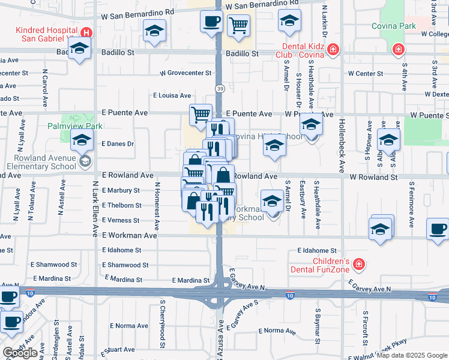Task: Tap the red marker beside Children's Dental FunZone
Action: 358,263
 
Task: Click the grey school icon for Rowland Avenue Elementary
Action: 85,160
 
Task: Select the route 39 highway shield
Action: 220,89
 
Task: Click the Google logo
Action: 20,352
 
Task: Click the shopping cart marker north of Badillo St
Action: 239,26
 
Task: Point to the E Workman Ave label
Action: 129,236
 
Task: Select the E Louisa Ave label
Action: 172,95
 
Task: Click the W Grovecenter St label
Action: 185,73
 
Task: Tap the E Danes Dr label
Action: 118,144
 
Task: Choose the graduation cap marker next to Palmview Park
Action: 81,142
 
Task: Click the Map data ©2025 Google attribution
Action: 412,356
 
